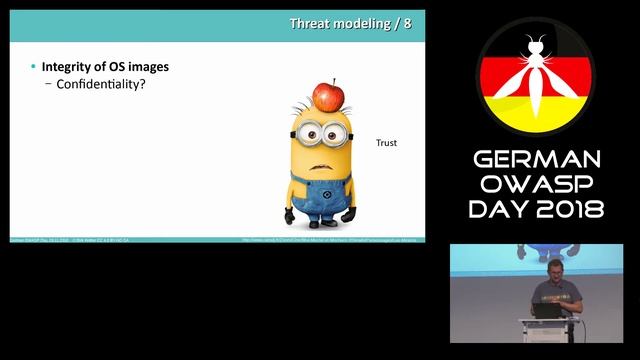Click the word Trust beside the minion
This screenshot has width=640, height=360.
386,143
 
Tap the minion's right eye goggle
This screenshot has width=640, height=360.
335,131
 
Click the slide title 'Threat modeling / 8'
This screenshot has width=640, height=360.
349,23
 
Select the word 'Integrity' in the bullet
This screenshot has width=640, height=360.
64,67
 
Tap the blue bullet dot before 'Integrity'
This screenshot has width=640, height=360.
32,67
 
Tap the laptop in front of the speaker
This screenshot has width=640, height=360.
547,311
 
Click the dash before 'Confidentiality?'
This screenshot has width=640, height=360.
49,84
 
